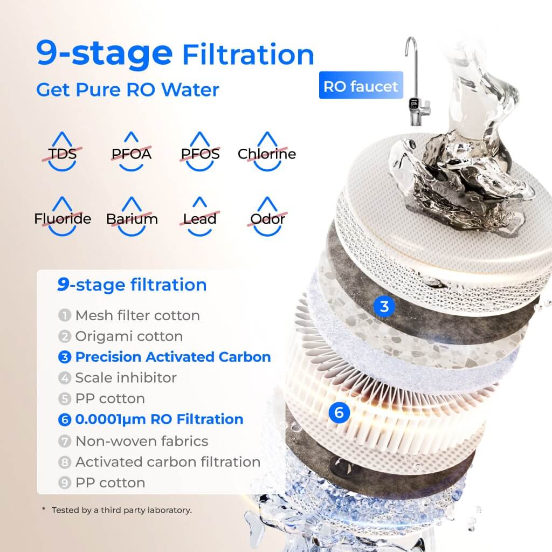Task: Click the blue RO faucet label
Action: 361,86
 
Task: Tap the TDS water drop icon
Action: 63,153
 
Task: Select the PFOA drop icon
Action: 131,153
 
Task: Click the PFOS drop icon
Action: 200,153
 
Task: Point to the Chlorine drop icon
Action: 267,153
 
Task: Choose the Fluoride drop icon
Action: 63,218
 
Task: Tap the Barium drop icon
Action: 132,218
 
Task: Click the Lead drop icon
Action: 199,218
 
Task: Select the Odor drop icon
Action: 267,218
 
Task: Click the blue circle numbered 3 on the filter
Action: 384,307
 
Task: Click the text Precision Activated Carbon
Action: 172,357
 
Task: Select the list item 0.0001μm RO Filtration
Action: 159,419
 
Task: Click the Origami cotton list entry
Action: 128,336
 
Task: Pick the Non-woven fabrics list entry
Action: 141,441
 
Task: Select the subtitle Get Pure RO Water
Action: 128,89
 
